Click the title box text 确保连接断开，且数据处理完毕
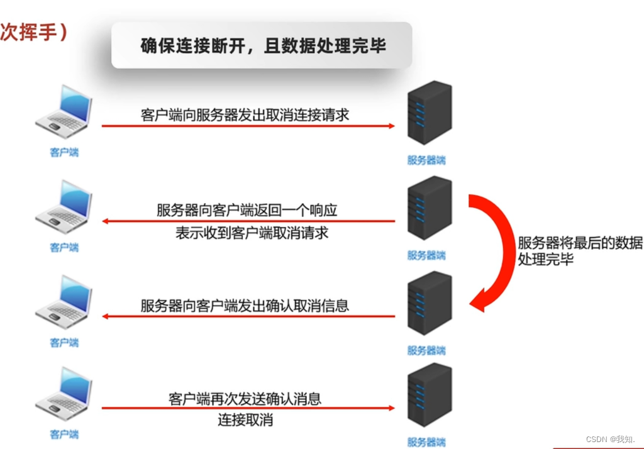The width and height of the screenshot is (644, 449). coord(262,46)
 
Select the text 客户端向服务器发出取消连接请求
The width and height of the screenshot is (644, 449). coord(245,115)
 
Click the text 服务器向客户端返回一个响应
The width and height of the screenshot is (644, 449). coord(247,209)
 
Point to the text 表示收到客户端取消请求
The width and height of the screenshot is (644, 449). coord(252,233)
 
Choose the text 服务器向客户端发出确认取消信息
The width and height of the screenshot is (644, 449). coord(245,306)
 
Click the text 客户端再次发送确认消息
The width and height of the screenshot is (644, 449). coord(245,398)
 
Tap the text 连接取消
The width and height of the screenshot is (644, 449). coord(245,420)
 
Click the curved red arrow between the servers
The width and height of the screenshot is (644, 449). coord(494,252)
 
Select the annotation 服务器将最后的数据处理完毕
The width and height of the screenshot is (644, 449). coord(579,251)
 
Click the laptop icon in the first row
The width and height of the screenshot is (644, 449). coord(65,114)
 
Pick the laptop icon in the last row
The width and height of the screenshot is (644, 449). coord(65,397)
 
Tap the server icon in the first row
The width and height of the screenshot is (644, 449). coord(430,114)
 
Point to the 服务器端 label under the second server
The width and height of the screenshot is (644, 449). coord(426,255)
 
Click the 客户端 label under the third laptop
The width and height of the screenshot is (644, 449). coord(64,343)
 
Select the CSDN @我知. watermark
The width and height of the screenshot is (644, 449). coord(611,438)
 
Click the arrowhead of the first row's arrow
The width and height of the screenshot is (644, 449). coord(391,126)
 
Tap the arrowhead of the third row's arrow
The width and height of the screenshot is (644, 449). coord(106,316)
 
